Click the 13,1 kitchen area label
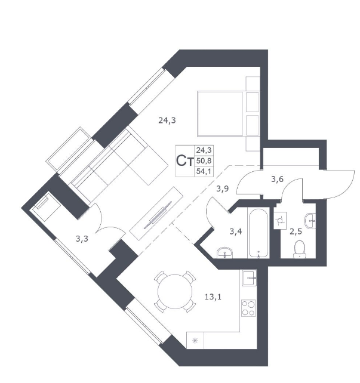(x=213, y=297)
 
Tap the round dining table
(x=175, y=292)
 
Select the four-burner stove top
(x=248, y=308)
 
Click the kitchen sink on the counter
(x=250, y=278)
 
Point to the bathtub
(x=259, y=233)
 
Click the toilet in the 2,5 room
(x=300, y=249)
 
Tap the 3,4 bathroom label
(x=236, y=231)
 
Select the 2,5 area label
(x=296, y=231)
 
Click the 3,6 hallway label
(x=277, y=180)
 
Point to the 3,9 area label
(x=223, y=189)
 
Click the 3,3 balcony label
(x=82, y=239)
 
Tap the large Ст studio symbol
(x=184, y=161)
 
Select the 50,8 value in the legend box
(x=204, y=160)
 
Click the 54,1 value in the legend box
(x=204, y=171)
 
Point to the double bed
(x=228, y=113)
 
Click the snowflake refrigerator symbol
(x=195, y=341)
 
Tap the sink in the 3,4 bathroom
(x=225, y=253)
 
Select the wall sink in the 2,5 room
(x=310, y=221)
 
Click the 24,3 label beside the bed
(x=167, y=121)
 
